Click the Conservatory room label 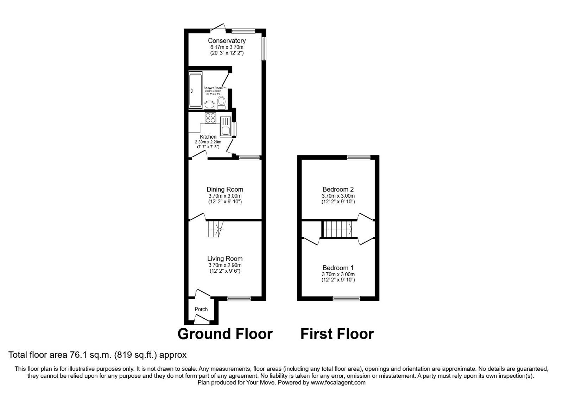[227, 41]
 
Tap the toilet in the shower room [221, 102]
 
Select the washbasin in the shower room [210, 104]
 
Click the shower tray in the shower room [196, 90]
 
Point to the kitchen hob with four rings [210, 118]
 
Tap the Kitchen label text [208, 137]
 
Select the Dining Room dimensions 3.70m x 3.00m [225, 196]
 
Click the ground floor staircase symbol [215, 229]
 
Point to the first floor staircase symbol [338, 229]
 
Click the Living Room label [225, 259]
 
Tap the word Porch [201, 309]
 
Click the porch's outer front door [201, 320]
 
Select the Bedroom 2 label [338, 189]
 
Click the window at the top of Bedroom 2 [359, 158]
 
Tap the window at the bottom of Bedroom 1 [347, 299]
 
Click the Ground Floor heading [225, 334]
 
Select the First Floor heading [337, 334]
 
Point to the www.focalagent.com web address [338, 382]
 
